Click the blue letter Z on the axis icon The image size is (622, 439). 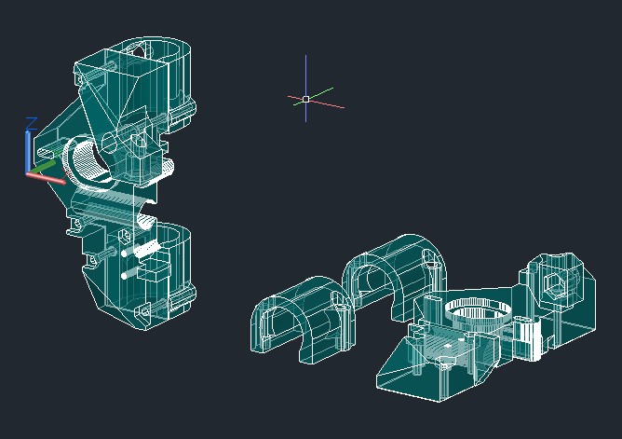click(x=32, y=123)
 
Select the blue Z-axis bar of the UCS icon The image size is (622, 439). click(x=28, y=152)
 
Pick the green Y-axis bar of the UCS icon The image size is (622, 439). click(x=43, y=167)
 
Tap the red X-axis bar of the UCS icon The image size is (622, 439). click(x=46, y=178)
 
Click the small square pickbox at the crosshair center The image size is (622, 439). click(x=305, y=99)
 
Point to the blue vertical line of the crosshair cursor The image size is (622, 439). click(x=305, y=89)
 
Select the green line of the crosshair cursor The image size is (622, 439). click(x=314, y=96)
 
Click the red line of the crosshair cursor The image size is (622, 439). click(x=317, y=102)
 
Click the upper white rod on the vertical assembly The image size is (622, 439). click(x=141, y=251)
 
